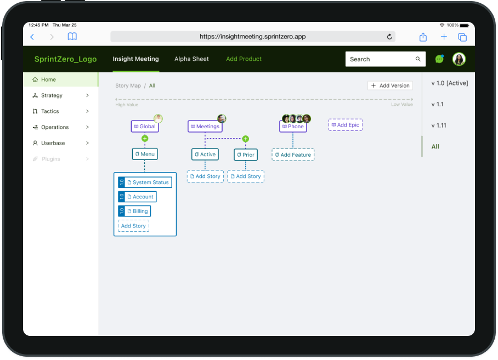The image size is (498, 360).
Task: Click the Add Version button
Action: pyautogui.click(x=390, y=85)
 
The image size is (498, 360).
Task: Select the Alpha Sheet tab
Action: pyautogui.click(x=191, y=59)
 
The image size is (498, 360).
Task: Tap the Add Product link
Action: pyautogui.click(x=244, y=59)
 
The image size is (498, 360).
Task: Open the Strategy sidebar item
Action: pyautogui.click(x=52, y=95)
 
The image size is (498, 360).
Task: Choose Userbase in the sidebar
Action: pyautogui.click(x=53, y=143)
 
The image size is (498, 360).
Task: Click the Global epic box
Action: pyautogui.click(x=145, y=127)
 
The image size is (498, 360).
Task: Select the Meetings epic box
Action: pyautogui.click(x=205, y=127)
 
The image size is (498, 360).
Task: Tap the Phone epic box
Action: pyautogui.click(x=293, y=127)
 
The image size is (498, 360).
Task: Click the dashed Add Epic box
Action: pyautogui.click(x=346, y=125)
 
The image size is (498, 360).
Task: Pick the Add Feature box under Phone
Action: pyautogui.click(x=293, y=155)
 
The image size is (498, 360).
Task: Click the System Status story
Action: pyautogui.click(x=148, y=182)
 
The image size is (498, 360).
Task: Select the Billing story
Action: pyautogui.click(x=137, y=211)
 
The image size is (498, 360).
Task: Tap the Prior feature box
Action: pyautogui.click(x=246, y=155)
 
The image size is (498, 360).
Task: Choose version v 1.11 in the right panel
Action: pyautogui.click(x=439, y=125)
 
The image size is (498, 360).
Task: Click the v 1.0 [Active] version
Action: pyautogui.click(x=449, y=83)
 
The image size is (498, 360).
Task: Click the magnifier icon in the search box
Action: pyautogui.click(x=418, y=59)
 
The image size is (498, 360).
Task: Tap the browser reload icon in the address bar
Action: pyautogui.click(x=389, y=37)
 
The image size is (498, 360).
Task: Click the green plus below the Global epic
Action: pyautogui.click(x=145, y=139)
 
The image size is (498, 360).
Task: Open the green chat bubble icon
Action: pyautogui.click(x=439, y=59)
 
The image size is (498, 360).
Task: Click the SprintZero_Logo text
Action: pyautogui.click(x=65, y=59)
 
